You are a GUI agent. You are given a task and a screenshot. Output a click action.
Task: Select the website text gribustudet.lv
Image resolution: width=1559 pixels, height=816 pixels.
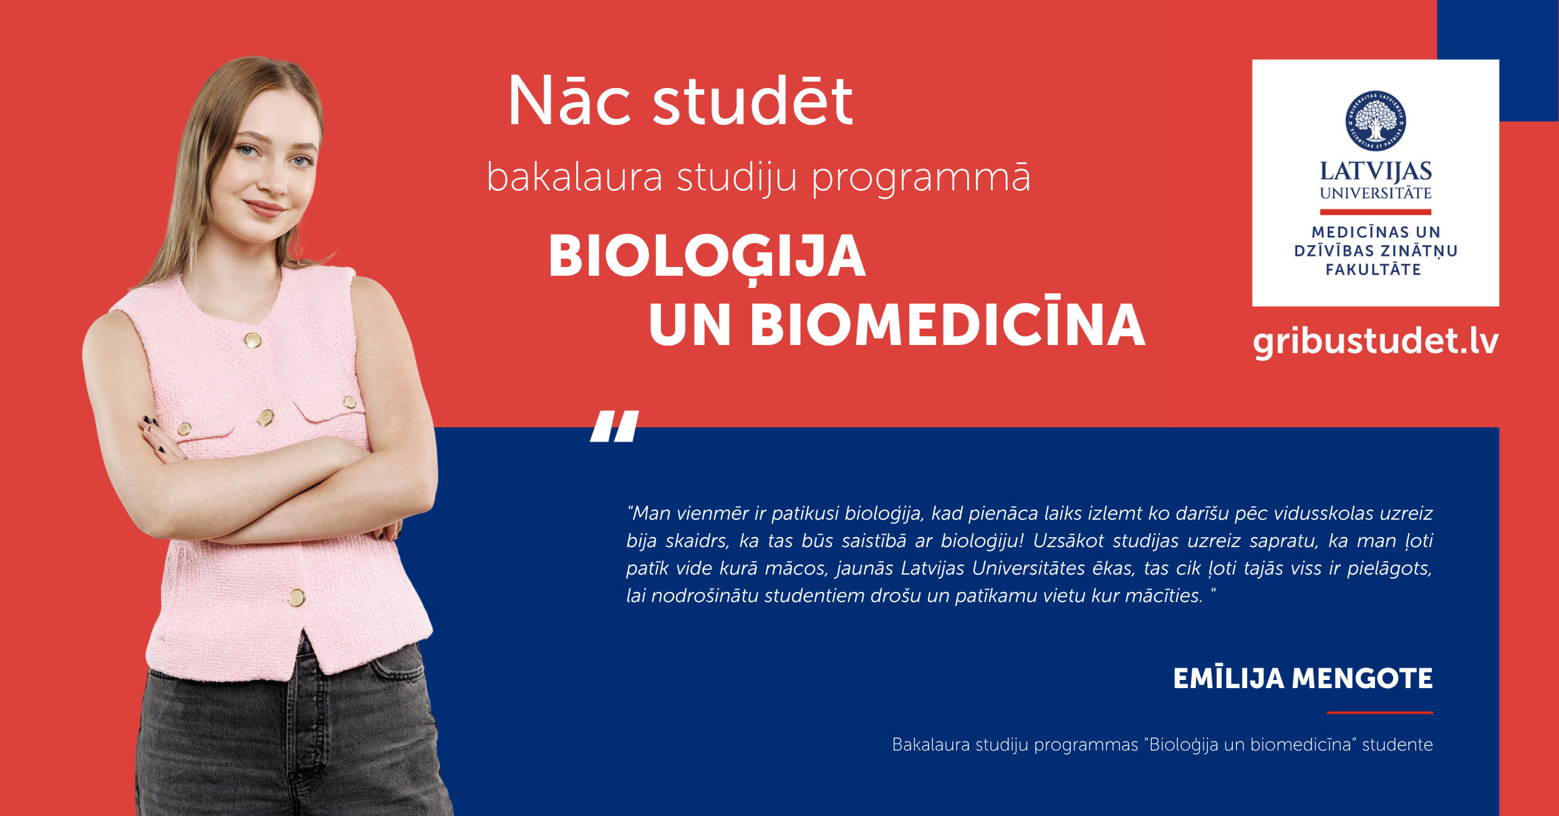[1376, 342]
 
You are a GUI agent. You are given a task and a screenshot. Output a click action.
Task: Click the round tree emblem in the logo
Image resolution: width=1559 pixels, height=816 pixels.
[1375, 121]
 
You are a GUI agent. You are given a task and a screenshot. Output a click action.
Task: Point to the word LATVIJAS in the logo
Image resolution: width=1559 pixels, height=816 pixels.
[1375, 172]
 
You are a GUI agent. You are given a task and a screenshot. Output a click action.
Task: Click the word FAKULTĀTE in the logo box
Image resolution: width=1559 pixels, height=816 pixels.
[1373, 270]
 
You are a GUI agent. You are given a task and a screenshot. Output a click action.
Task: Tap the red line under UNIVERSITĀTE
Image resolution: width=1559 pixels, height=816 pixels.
[1375, 212]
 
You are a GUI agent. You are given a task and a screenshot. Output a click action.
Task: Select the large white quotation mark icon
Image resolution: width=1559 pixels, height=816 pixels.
[615, 426]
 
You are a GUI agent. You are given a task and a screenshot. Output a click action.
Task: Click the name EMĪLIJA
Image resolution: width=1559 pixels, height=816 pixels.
[1228, 679]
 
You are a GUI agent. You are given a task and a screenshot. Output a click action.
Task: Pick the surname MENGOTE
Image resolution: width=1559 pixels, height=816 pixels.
[1363, 679]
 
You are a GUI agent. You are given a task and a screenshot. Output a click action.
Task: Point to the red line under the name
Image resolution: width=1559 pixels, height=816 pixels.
[1380, 712]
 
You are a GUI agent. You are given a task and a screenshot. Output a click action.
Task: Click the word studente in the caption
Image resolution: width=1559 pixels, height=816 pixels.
[1397, 745]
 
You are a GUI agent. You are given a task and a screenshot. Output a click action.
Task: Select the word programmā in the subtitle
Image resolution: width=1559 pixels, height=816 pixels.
[921, 178]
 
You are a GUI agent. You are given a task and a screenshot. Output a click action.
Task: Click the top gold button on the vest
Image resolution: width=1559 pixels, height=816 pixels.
[253, 340]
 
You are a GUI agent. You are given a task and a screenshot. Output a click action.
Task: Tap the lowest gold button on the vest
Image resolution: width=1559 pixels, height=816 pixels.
[297, 598]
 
